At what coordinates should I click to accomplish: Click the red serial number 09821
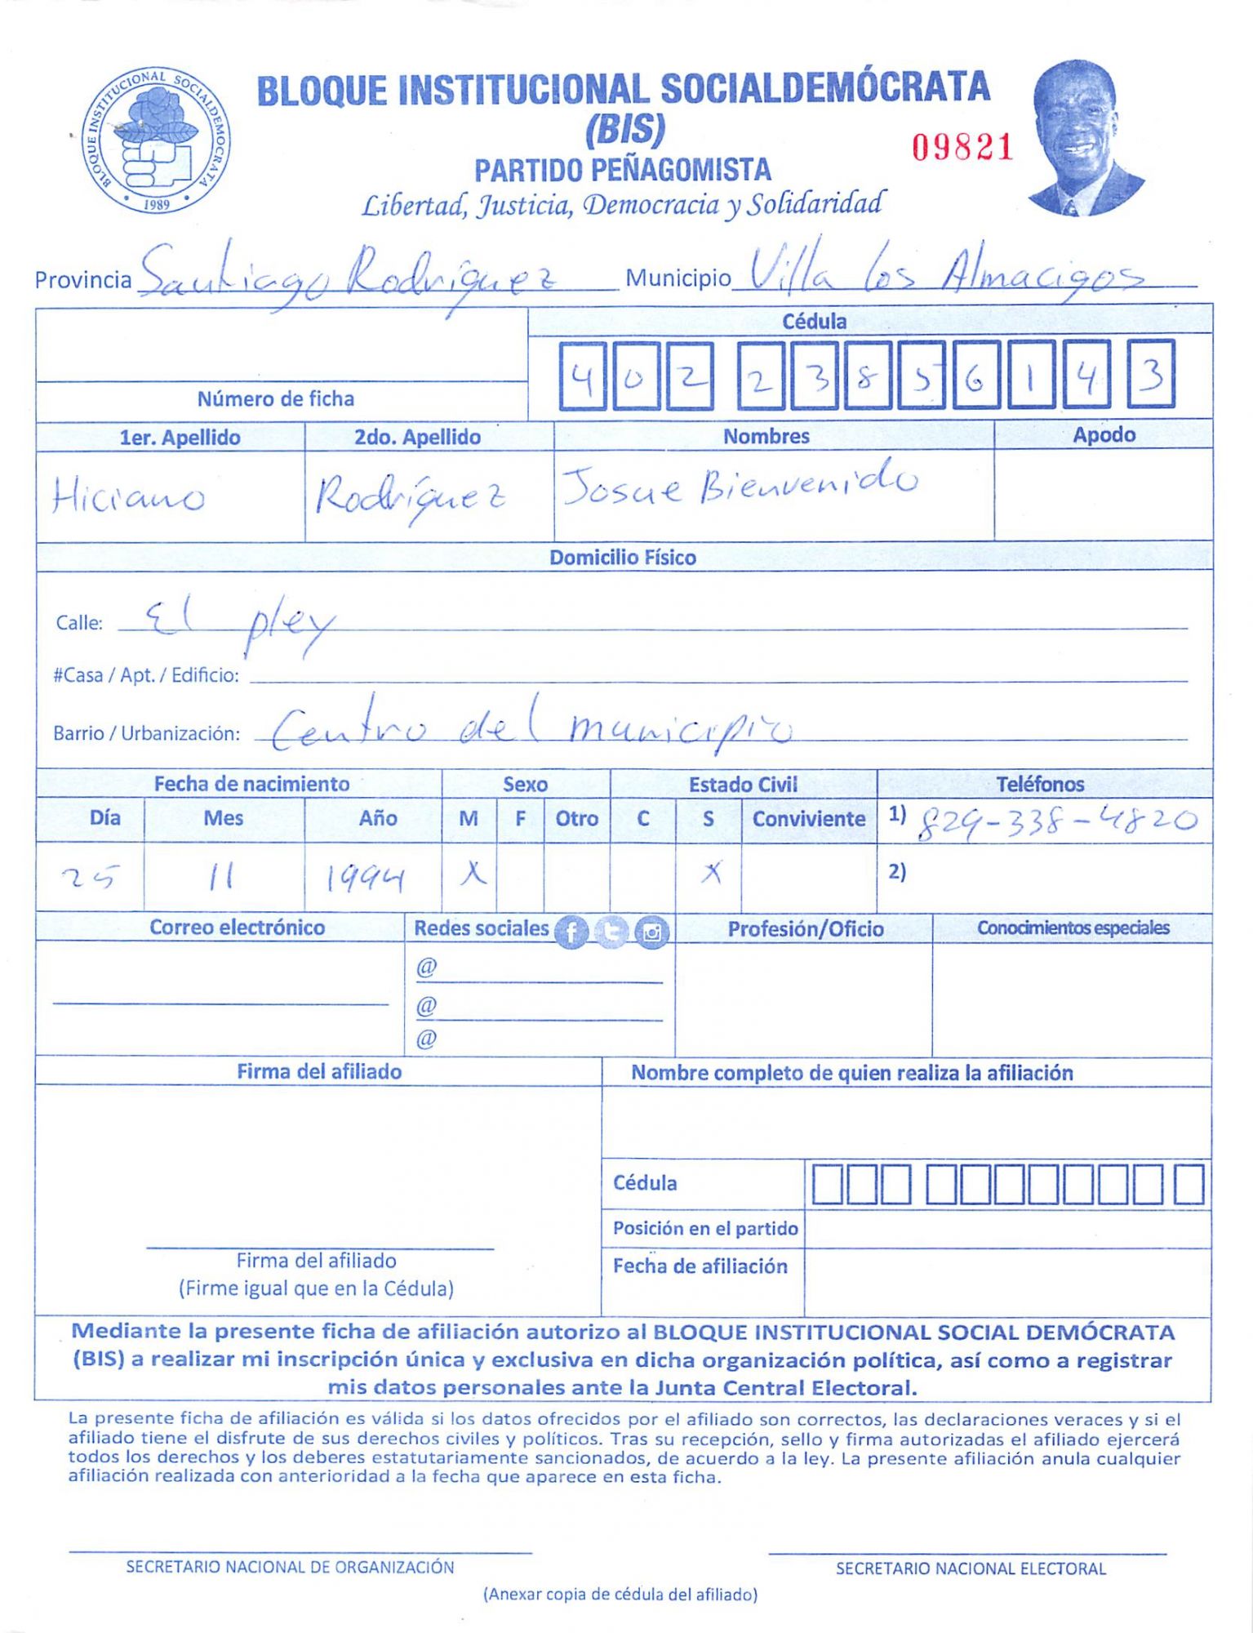[962, 148]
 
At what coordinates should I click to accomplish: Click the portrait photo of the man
[1082, 139]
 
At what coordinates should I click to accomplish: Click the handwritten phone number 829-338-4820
[1057, 821]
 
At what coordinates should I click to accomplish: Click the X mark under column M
[472, 874]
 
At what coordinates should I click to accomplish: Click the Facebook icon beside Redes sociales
[571, 932]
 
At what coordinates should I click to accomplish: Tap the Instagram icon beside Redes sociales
[651, 932]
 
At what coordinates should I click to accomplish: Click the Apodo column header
[1103, 435]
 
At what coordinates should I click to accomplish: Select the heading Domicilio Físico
[622, 558]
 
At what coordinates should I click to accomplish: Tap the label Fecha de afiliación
[700, 1266]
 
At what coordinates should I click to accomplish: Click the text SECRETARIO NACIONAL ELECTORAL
[970, 1568]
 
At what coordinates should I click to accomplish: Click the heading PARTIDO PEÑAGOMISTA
[622, 170]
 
